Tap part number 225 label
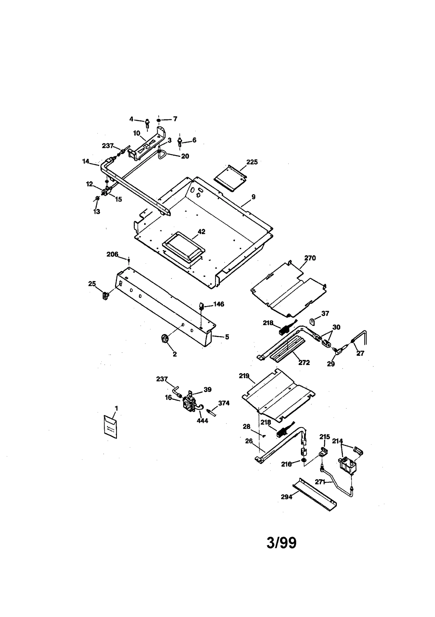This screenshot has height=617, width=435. (x=252, y=162)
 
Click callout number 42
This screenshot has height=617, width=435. (x=201, y=232)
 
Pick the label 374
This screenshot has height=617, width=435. (x=224, y=403)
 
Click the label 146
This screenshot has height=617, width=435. (x=219, y=304)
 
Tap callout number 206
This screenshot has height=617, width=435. (x=112, y=254)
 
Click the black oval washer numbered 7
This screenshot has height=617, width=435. (x=159, y=120)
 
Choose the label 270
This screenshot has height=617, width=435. (x=310, y=258)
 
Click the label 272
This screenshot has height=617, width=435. (x=304, y=363)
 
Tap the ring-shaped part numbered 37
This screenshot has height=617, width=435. (x=313, y=322)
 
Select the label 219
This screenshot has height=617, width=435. (x=244, y=376)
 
